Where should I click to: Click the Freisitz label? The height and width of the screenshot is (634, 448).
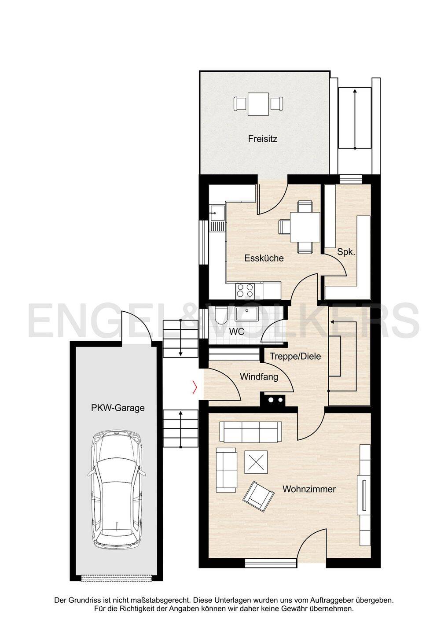point(262,139)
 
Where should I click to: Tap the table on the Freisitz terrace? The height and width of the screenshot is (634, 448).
point(258,104)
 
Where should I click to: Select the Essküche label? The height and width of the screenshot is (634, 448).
point(264,258)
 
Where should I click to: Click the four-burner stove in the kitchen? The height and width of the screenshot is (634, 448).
point(245,291)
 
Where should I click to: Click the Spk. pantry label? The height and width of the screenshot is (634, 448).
point(346,252)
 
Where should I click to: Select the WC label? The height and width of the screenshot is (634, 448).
point(236,332)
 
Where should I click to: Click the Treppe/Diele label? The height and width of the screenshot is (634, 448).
point(295,356)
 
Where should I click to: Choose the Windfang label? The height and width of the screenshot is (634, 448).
point(259,377)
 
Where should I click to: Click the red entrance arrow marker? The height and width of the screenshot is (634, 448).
point(195,387)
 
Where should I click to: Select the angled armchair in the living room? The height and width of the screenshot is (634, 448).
point(258,495)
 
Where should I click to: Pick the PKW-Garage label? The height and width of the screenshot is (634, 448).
point(118,408)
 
